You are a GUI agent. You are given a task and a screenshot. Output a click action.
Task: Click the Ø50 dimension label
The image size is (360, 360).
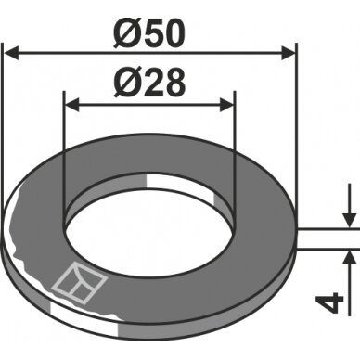click(149, 34)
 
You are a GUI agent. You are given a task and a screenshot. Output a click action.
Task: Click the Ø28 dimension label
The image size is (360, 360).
click(149, 83)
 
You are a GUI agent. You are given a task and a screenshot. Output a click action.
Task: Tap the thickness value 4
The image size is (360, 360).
click(329, 304)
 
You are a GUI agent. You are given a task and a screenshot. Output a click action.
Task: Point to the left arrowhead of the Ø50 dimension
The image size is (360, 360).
click(11, 54)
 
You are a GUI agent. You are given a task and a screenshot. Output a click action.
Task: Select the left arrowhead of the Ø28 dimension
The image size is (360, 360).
click(72, 105)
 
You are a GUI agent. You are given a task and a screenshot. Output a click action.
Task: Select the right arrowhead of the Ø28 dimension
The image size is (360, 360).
click(226, 105)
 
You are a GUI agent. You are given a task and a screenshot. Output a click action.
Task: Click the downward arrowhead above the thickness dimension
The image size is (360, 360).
click(350, 221)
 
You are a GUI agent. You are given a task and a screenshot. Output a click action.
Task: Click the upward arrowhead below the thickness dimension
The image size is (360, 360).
click(350, 256)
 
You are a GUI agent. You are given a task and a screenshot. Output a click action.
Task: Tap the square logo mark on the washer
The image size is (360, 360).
click(80, 282)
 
